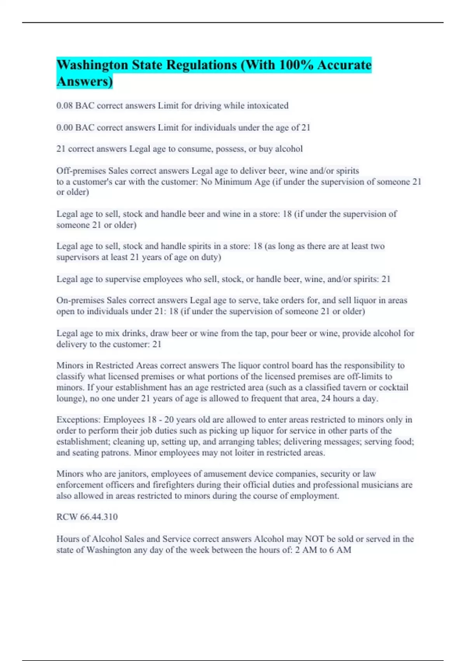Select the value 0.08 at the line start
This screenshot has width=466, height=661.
click(x=64, y=106)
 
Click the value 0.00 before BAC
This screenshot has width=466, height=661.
click(x=64, y=128)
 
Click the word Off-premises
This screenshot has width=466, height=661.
click(x=81, y=171)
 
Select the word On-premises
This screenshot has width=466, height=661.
click(x=80, y=300)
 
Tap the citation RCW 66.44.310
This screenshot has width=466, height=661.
click(x=87, y=517)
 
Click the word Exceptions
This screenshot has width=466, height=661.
click(x=78, y=420)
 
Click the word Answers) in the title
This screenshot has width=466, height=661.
click(x=85, y=82)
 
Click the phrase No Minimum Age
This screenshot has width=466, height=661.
click(x=235, y=182)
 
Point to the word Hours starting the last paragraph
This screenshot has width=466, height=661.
click(x=68, y=539)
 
